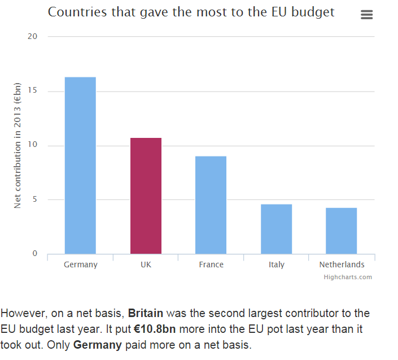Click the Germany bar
pyautogui.click(x=80, y=165)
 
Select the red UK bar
pyautogui.click(x=146, y=196)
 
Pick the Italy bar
pyautogui.click(x=276, y=229)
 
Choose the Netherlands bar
pyautogui.click(x=341, y=231)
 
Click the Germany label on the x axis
pyautogui.click(x=80, y=264)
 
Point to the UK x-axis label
pyautogui.click(x=146, y=264)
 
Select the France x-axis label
pyautogui.click(x=211, y=264)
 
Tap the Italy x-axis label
pyautogui.click(x=277, y=264)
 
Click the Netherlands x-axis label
pyautogui.click(x=342, y=264)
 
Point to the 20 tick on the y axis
pyautogui.click(x=32, y=37)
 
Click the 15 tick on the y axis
pyautogui.click(x=32, y=91)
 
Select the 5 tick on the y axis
pyautogui.click(x=34, y=199)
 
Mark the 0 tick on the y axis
pyautogui.click(x=34, y=253)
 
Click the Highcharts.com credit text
pyautogui.click(x=348, y=277)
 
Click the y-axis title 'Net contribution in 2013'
pyautogui.click(x=18, y=145)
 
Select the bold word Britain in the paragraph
pyautogui.click(x=146, y=313)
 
